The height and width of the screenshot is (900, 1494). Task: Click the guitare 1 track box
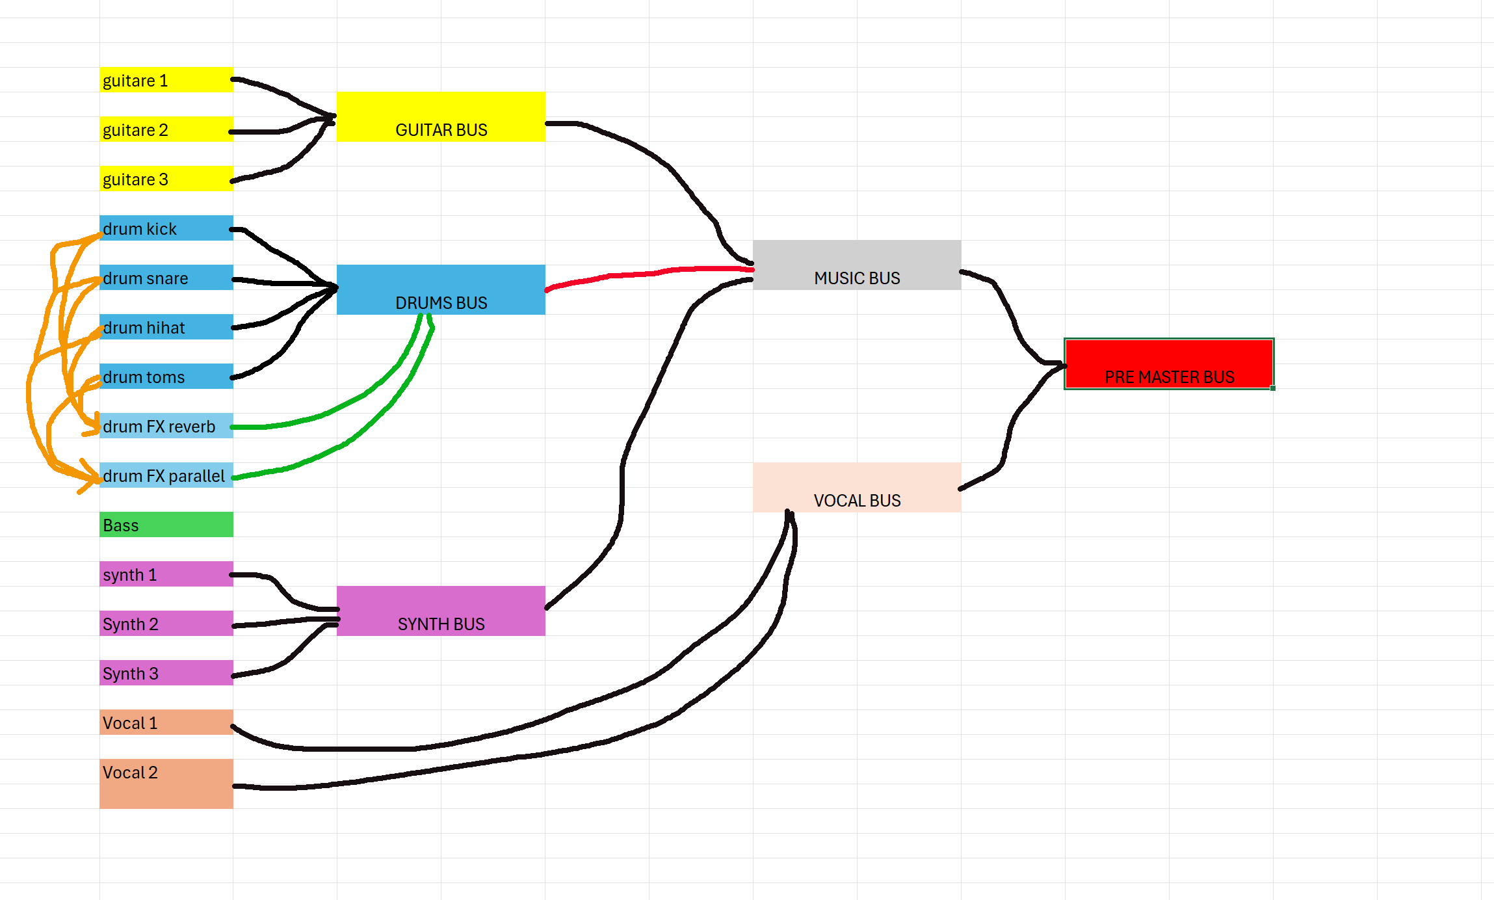[x=166, y=80]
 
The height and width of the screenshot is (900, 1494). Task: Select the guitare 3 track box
[x=166, y=179]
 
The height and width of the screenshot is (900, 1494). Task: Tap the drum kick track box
[x=166, y=228]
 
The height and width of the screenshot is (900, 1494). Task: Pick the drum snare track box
[x=166, y=278]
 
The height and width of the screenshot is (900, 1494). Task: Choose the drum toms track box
[x=166, y=377]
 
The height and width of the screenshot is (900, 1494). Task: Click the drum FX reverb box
[x=166, y=426]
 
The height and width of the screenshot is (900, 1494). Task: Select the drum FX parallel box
[x=166, y=475]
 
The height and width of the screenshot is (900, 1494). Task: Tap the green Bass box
[x=166, y=525]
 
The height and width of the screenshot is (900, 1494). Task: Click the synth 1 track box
[x=166, y=574]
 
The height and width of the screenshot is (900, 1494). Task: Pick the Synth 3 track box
[x=166, y=673]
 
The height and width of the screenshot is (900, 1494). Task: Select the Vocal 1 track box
[x=166, y=722]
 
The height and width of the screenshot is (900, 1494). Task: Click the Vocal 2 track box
[x=166, y=784]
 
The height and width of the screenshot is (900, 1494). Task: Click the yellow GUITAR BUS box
[x=441, y=117]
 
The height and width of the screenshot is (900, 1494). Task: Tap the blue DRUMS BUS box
[x=441, y=290]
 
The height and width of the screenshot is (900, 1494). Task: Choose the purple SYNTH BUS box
[x=441, y=611]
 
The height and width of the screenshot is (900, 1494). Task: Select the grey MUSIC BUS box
[x=857, y=265]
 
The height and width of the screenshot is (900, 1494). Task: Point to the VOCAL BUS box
[x=857, y=488]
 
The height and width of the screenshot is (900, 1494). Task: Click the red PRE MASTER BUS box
[x=1169, y=364]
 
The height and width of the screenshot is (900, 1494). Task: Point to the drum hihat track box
[x=166, y=327]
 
